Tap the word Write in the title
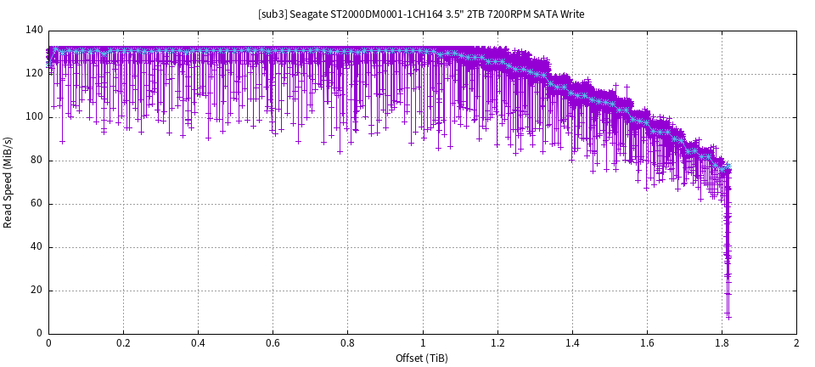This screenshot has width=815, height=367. coord(571,14)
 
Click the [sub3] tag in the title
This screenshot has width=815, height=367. coord(271,14)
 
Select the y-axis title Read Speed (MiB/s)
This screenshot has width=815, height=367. coord(8,182)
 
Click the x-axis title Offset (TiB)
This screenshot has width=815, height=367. coord(422,359)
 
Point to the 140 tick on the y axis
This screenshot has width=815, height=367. coord(34,31)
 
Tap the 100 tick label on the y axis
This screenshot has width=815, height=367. coord(34,117)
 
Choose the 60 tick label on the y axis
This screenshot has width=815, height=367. coord(37,204)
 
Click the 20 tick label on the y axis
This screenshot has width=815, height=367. coord(37,291)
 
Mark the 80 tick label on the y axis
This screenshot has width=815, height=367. coord(37,161)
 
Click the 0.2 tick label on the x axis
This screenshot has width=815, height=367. coord(123,343)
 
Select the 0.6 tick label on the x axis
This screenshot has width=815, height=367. coord(273,343)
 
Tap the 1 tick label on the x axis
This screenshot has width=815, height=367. coord(423,343)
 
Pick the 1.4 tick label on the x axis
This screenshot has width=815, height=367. coord(572,343)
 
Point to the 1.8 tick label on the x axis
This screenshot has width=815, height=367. coord(722,343)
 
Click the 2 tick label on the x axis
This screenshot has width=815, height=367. coord(796,343)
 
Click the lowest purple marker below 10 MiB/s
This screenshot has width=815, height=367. coord(728,317)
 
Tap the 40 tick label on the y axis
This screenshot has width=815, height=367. coord(37,247)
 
